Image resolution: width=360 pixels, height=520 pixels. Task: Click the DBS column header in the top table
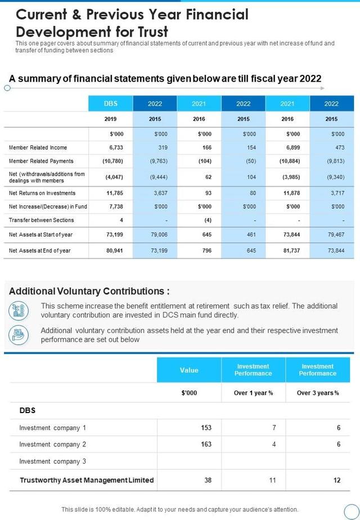tap(111, 104)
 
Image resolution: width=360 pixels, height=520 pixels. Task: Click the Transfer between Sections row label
tap(42, 220)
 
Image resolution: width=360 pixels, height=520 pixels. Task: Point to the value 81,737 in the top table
tap(287, 250)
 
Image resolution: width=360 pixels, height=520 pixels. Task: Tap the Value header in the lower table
tap(189, 370)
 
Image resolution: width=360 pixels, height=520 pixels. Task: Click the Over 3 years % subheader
tap(318, 393)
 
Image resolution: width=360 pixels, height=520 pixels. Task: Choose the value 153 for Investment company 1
tap(206, 428)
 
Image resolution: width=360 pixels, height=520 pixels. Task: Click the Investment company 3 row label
tap(53, 461)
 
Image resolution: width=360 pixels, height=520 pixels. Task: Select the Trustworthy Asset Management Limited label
tap(87, 480)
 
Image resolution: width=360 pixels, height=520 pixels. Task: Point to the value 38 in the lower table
tap(208, 480)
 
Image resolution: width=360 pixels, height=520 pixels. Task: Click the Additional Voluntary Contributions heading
tap(89, 291)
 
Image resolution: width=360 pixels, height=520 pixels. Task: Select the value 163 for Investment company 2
tap(206, 445)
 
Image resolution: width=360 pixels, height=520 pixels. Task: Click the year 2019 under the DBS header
tap(111, 119)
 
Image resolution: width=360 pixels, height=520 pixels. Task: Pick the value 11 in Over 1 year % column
tap(273, 480)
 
